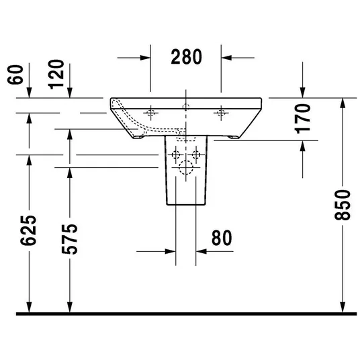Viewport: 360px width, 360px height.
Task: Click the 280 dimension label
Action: point(186,56)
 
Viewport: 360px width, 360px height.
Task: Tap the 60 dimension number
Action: point(15,75)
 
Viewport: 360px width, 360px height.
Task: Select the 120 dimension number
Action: point(56,75)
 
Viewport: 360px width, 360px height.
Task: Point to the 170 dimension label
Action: point(302,119)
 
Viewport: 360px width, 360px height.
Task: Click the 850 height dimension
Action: point(343,205)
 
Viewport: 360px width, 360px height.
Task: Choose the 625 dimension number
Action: point(28,230)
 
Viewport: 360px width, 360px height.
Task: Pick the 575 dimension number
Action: point(70,239)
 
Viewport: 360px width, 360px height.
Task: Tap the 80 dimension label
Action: point(222,238)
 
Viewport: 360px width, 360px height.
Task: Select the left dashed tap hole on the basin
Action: point(150,113)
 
